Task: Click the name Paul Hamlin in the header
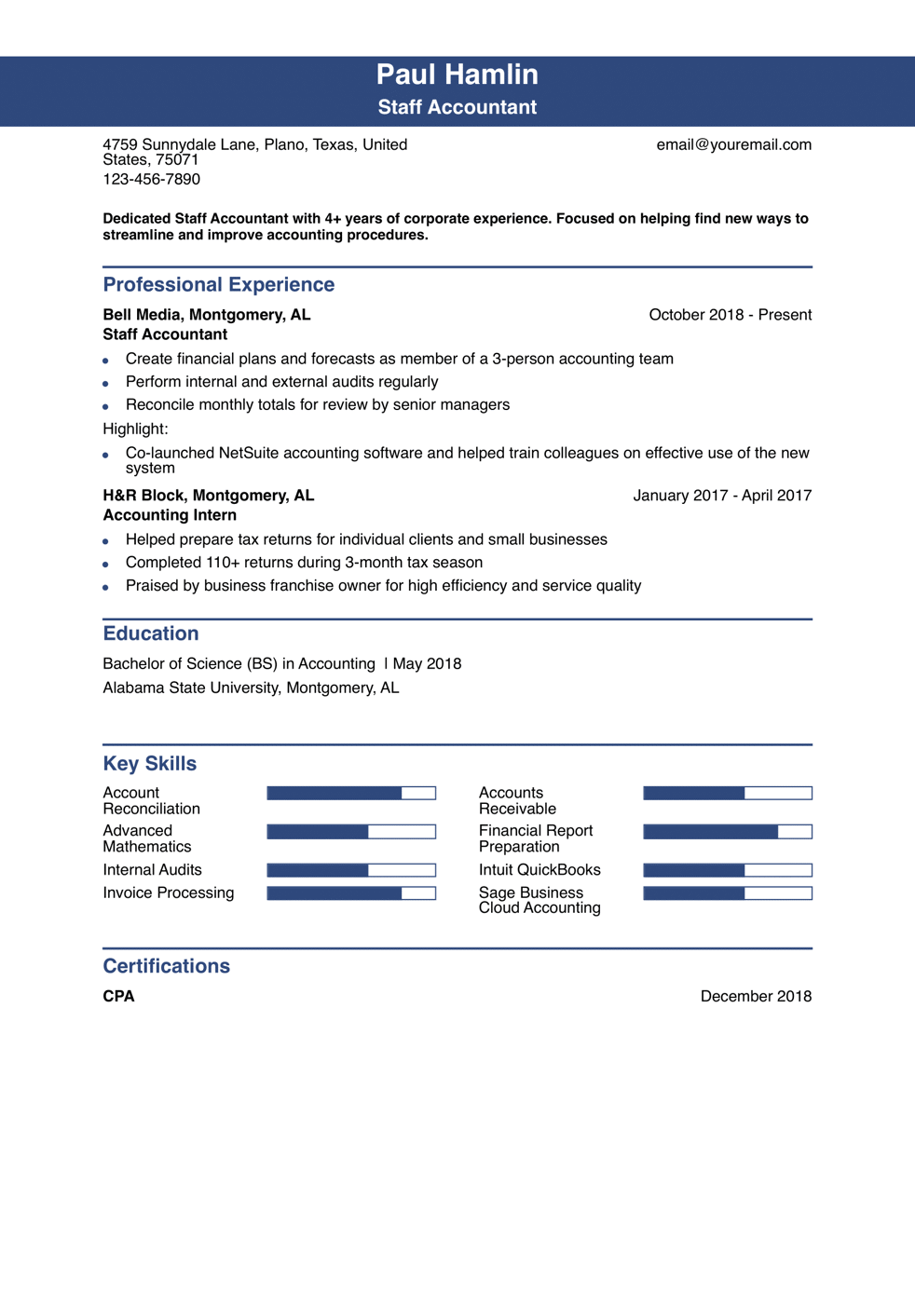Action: (x=457, y=75)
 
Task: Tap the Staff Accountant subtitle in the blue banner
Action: (x=457, y=107)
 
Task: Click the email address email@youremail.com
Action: (x=733, y=144)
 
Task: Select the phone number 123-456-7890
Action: (x=151, y=179)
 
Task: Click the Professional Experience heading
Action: (x=218, y=285)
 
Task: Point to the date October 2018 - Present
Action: (x=730, y=315)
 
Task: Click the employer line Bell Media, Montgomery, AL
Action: (x=206, y=315)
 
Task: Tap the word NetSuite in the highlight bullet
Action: (x=250, y=453)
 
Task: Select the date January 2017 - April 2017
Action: (x=722, y=496)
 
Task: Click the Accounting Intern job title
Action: (x=170, y=515)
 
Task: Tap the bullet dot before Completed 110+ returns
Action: (x=105, y=564)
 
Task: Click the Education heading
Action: (x=150, y=633)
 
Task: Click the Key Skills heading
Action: (x=149, y=764)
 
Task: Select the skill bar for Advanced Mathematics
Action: (x=351, y=832)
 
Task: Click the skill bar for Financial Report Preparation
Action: (x=727, y=832)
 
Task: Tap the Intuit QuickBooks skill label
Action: (x=539, y=870)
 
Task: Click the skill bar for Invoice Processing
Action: (x=351, y=893)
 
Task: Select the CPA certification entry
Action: (x=118, y=996)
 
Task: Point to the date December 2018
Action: (x=756, y=996)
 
